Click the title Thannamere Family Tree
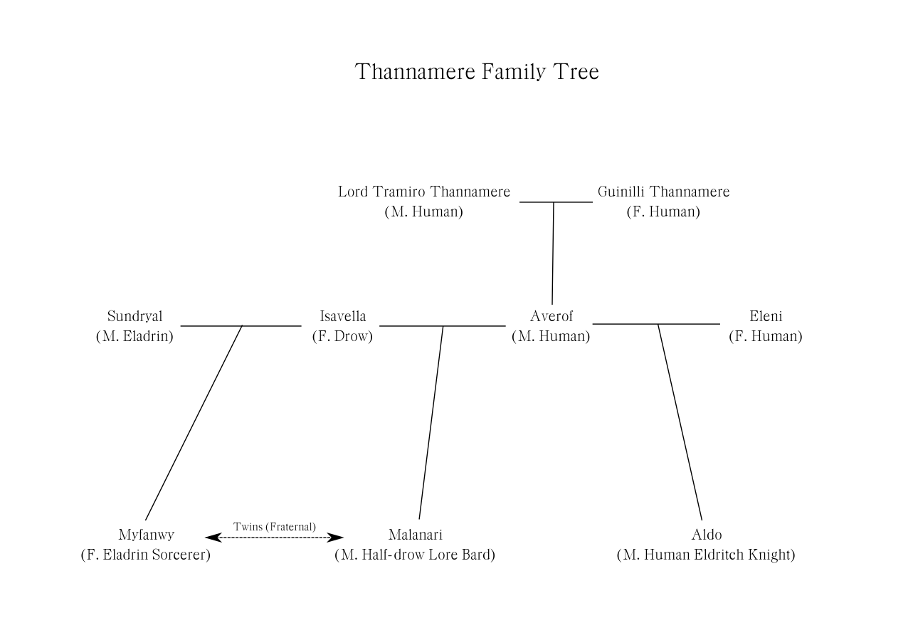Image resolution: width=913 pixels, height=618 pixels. click(x=477, y=72)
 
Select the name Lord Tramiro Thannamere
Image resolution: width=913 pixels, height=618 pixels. click(x=424, y=192)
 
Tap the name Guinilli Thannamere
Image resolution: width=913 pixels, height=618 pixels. click(x=663, y=192)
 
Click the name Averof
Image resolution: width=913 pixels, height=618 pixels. click(x=551, y=317)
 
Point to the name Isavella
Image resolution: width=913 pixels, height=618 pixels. click(x=343, y=317)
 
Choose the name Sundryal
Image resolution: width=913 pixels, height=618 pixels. click(x=134, y=317)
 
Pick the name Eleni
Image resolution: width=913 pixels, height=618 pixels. click(x=766, y=317)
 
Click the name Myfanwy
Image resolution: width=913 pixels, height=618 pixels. click(x=146, y=535)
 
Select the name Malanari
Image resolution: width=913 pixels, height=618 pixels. click(x=415, y=535)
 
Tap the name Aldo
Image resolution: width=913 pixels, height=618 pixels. click(x=706, y=535)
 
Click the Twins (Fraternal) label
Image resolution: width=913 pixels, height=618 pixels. click(x=275, y=527)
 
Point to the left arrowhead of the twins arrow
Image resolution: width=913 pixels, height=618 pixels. click(x=211, y=538)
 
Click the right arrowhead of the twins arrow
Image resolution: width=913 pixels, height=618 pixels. click(x=338, y=538)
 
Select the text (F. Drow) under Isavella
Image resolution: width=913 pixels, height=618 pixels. click(x=342, y=337)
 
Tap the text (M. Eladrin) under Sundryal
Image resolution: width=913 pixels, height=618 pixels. click(x=134, y=337)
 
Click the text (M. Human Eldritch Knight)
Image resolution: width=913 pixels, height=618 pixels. click(x=706, y=555)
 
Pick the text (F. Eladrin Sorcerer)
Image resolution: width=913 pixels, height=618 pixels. click(x=146, y=555)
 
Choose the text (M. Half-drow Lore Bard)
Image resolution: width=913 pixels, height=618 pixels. click(x=415, y=555)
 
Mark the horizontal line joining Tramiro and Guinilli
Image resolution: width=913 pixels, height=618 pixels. click(x=556, y=202)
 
